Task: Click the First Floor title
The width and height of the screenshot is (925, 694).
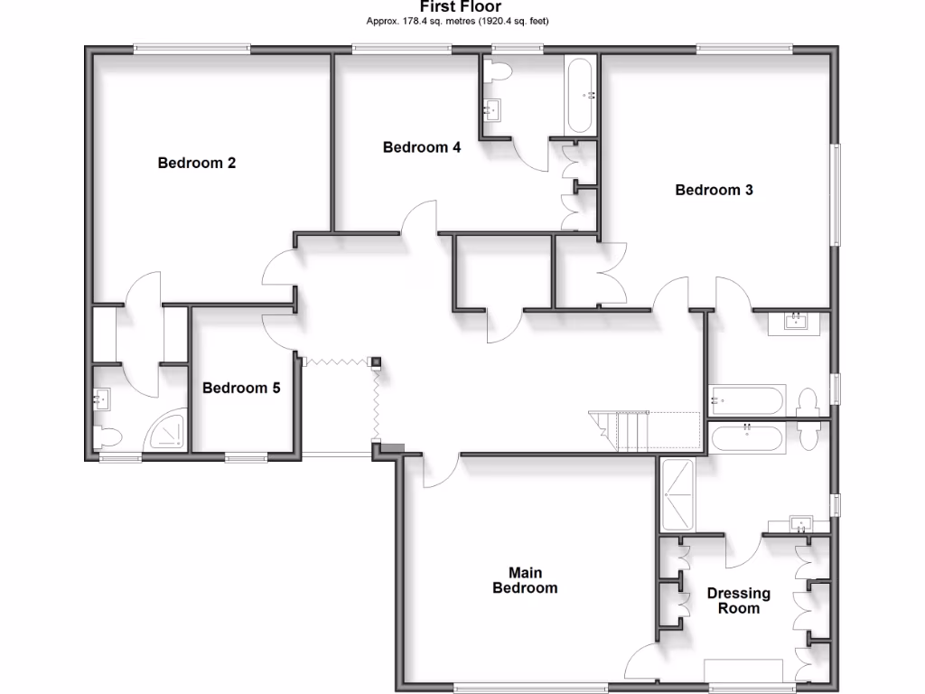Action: coord(461,7)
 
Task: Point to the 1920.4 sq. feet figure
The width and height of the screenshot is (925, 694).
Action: coord(513,21)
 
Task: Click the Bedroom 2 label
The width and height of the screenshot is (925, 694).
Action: coord(197,164)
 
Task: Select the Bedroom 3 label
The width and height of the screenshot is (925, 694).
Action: coord(714,191)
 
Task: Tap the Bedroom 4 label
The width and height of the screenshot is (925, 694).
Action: coord(422,147)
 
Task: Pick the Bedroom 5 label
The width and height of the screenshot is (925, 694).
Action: coord(241,389)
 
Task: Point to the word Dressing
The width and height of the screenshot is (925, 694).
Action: coord(738,594)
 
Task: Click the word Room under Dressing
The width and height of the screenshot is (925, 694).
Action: coord(738,608)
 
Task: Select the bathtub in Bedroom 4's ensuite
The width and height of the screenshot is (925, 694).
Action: coord(580,94)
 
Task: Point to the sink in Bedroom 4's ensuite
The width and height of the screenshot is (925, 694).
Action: coord(492,111)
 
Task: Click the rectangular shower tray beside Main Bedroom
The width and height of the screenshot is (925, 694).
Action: coord(677,495)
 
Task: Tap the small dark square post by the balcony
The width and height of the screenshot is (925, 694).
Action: coord(375,361)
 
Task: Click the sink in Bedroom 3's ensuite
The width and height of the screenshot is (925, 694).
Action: coord(797,321)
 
